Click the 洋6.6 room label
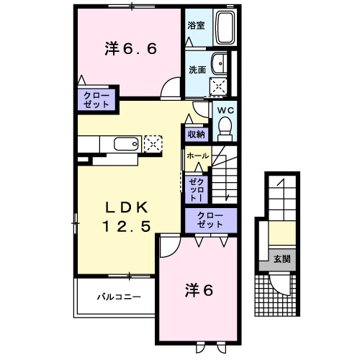(x=130, y=49)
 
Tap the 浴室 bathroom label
(x=196, y=25)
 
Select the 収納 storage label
(x=197, y=133)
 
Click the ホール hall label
(x=197, y=156)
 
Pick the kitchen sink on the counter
(x=126, y=144)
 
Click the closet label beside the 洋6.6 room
(x=96, y=99)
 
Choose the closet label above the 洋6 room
(x=210, y=220)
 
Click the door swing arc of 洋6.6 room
(x=170, y=91)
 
